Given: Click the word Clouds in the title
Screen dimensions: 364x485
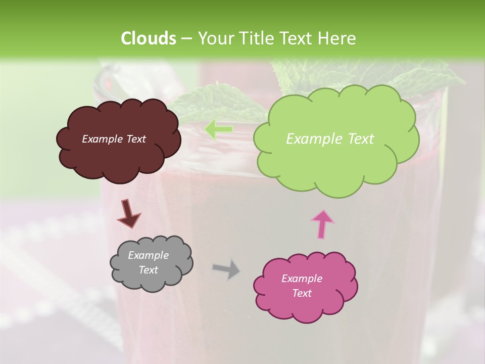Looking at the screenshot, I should (x=148, y=38).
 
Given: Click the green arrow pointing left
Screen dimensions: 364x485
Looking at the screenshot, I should (x=219, y=129).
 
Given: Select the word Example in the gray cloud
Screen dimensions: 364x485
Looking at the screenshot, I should (x=148, y=255).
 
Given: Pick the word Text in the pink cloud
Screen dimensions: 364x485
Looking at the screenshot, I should (x=302, y=293).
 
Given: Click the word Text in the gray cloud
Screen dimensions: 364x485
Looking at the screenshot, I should (x=148, y=270).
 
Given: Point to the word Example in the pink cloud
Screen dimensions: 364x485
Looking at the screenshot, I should (x=302, y=279).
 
